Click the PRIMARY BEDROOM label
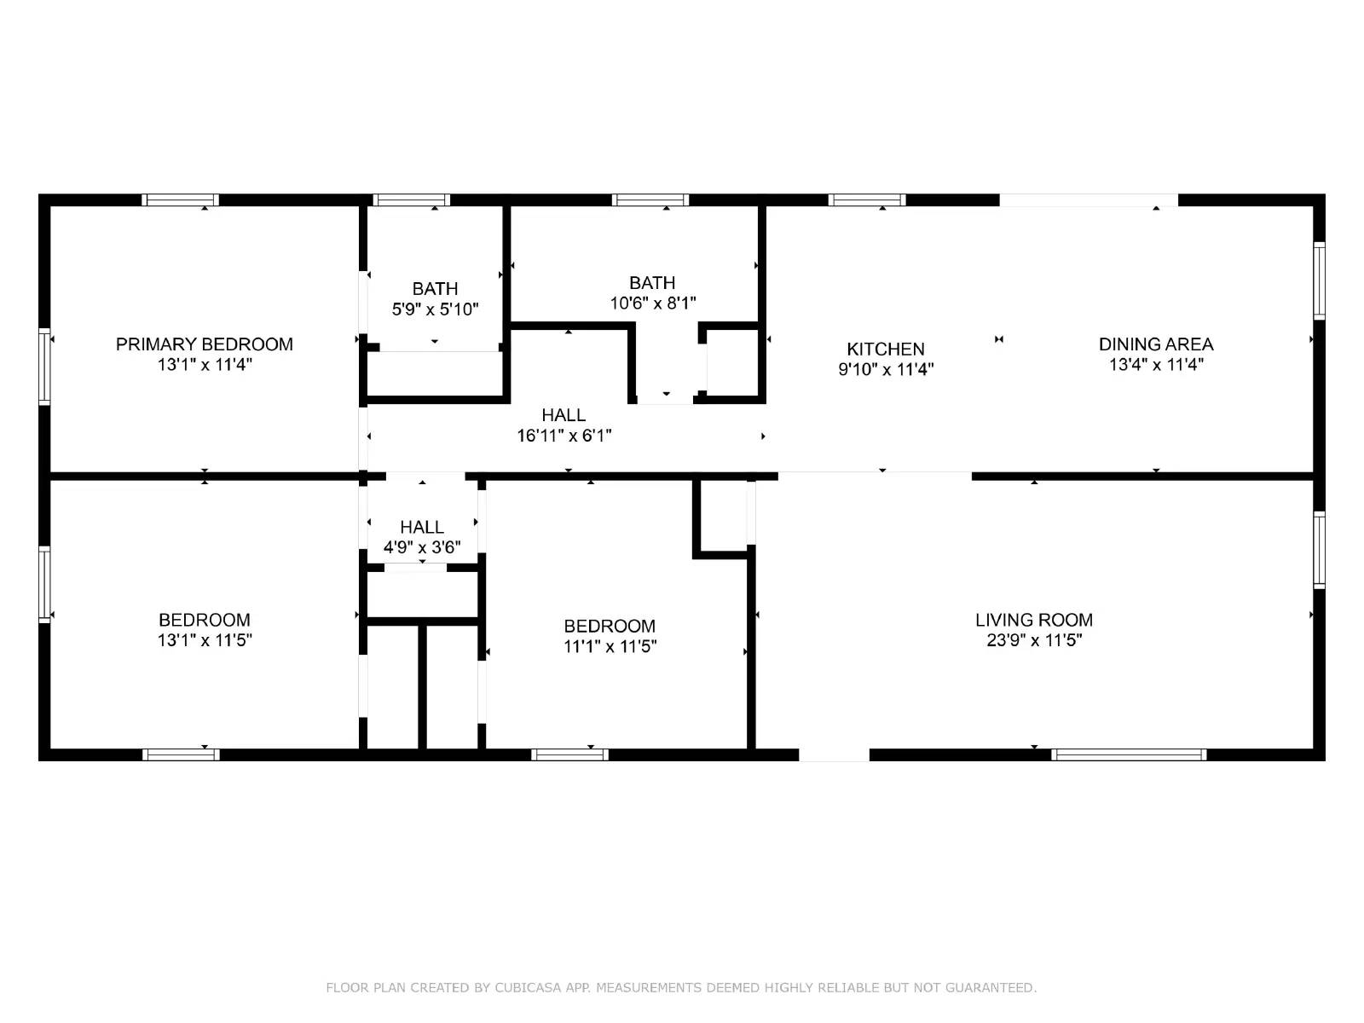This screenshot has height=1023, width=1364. point(205,344)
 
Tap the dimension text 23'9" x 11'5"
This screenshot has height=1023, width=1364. point(1034,640)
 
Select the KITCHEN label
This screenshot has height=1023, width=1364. point(886,350)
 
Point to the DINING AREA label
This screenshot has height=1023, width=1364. point(1156,344)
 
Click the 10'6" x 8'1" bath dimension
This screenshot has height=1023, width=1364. point(653,303)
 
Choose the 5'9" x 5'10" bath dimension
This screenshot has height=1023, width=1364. point(435,309)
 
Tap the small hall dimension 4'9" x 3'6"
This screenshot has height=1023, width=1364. point(422,547)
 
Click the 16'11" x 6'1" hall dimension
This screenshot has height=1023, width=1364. point(564,436)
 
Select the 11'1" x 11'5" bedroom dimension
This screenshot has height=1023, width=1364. point(610,646)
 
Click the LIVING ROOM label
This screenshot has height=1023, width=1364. point(1034,620)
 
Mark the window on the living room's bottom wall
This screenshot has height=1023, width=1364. point(1129,754)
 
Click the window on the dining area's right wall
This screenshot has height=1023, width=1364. point(1319,280)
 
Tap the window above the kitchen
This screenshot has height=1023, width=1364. point(867,200)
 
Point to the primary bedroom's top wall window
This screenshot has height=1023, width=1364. point(180,200)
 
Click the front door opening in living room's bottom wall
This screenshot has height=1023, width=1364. point(834,754)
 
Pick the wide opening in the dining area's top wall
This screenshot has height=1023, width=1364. point(1089,200)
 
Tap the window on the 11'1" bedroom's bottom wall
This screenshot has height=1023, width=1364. point(569,754)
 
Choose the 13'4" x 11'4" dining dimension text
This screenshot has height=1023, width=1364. point(1156,365)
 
